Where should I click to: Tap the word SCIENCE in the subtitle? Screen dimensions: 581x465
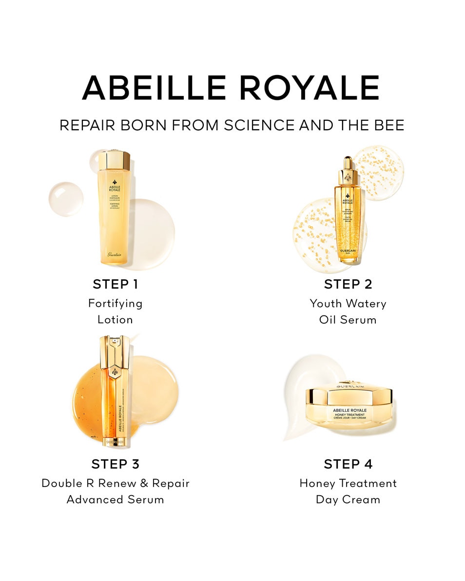coord(260,125)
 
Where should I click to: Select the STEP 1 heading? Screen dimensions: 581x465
coord(115,284)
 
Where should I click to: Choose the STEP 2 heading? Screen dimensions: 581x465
coord(348,284)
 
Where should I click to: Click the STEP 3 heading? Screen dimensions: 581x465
coord(115,464)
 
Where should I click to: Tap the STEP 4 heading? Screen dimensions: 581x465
coord(348,464)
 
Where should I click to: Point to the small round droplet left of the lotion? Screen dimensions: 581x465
coord(66,198)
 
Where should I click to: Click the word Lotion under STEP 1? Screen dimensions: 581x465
coord(115,320)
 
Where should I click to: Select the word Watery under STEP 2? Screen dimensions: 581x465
coord(364,304)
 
